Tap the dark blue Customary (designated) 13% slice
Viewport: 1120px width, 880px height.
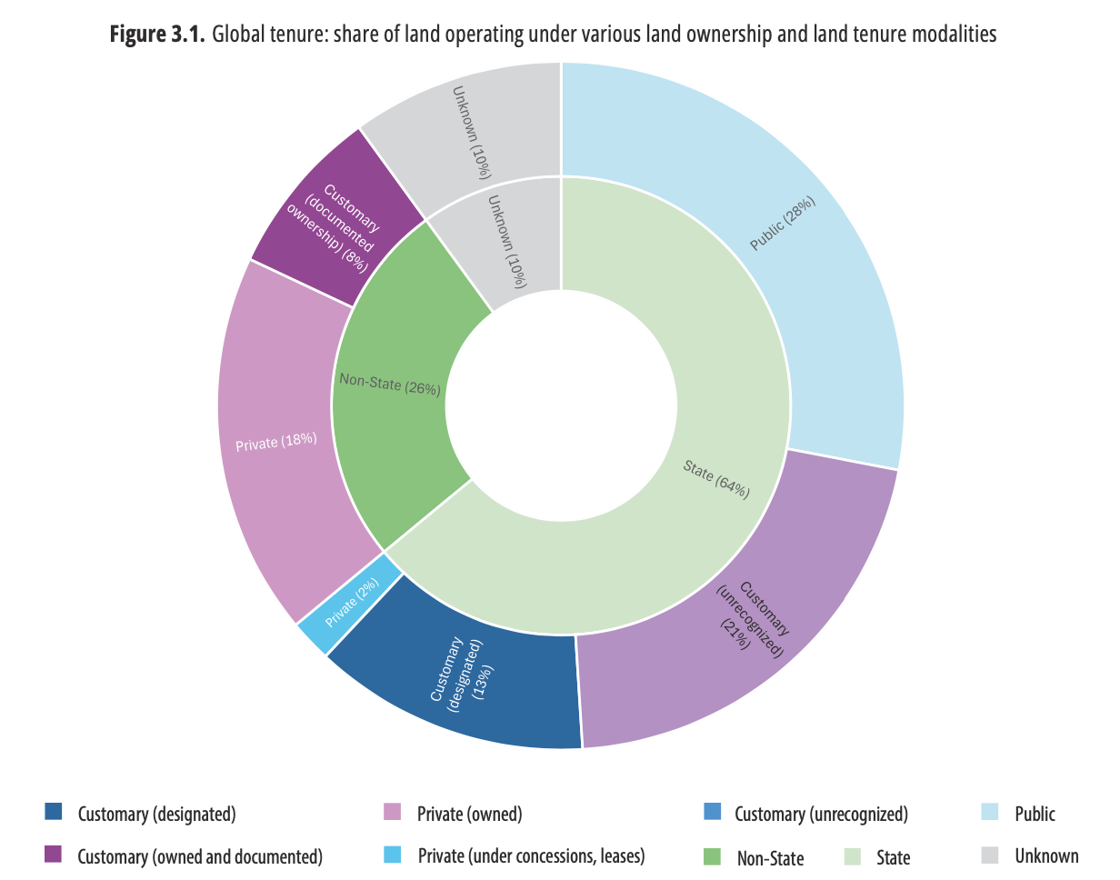tap(464, 682)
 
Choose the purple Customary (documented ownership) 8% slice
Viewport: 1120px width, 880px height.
tap(332, 223)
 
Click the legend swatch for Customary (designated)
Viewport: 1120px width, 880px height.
tap(54, 812)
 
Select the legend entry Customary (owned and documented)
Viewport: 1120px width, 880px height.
tap(200, 855)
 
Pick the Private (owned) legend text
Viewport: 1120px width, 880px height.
tap(469, 814)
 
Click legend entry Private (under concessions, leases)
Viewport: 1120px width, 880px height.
tap(531, 855)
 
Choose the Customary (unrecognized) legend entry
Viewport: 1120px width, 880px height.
tap(821, 814)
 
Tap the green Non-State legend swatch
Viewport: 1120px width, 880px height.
tap(713, 855)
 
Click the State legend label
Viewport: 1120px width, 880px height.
tap(893, 856)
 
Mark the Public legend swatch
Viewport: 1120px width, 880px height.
tap(990, 812)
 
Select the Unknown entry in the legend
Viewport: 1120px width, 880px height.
tap(1046, 855)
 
